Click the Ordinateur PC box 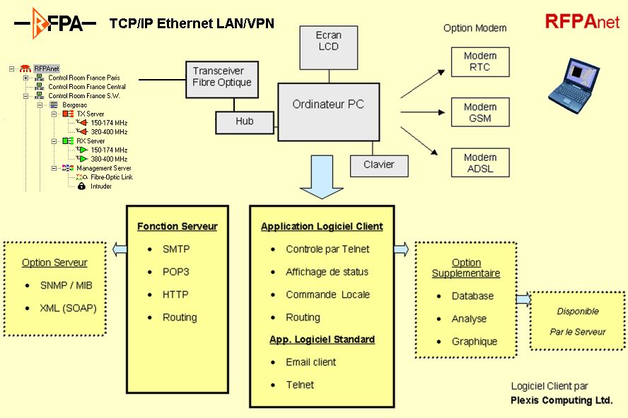[x=328, y=112]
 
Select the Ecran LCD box [x=328, y=41]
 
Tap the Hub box [x=244, y=122]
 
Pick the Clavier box [x=378, y=165]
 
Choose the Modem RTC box [x=479, y=61]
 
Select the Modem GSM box [x=479, y=112]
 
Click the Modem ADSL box [x=479, y=163]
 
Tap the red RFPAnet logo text [x=581, y=21]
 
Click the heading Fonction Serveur [x=177, y=227]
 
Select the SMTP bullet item [x=176, y=249]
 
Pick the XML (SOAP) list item [x=68, y=308]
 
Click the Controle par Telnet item [x=327, y=249]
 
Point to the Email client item [x=310, y=362]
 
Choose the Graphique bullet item [x=475, y=342]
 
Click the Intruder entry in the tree [x=101, y=186]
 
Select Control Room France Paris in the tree [x=83, y=78]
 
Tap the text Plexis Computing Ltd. [x=561, y=400]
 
